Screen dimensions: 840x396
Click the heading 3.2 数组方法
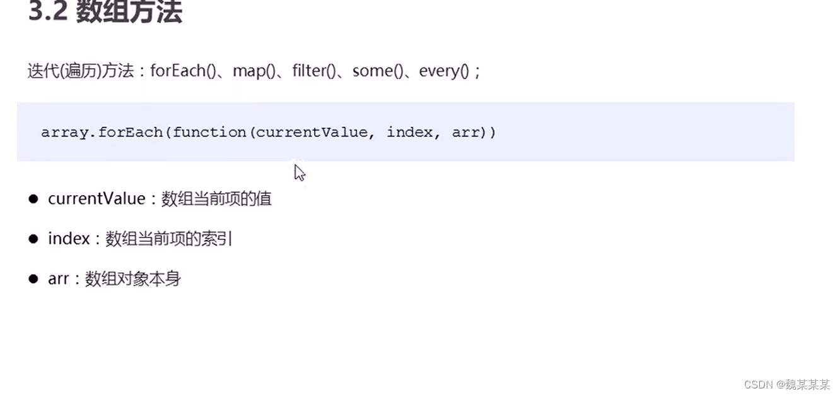click(105, 13)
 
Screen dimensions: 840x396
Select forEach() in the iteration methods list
click(178, 71)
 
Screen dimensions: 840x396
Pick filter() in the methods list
click(314, 71)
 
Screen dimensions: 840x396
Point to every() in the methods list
click(444, 71)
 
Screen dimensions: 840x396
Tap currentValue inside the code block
click(312, 133)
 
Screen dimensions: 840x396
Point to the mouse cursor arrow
click(299, 172)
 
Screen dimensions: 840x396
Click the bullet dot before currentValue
click(33, 199)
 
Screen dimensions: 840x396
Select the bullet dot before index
click(33, 239)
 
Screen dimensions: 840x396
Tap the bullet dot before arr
click(33, 279)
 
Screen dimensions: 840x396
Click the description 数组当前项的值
click(216, 199)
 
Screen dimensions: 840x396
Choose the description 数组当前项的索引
click(169, 239)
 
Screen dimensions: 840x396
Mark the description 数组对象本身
click(133, 279)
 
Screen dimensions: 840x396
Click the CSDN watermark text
click(786, 385)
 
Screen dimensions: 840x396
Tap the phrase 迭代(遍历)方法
click(81, 71)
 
